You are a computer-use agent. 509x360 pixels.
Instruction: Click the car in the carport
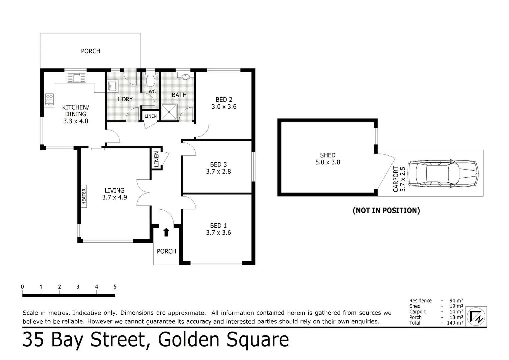point(443,173)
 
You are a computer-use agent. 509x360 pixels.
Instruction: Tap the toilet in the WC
point(151,80)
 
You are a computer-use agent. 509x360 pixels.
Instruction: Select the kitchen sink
point(76,78)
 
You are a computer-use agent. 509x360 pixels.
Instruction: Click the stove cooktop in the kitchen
point(50,99)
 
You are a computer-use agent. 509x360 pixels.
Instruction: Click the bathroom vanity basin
point(186,77)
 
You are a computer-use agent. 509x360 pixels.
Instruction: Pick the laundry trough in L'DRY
point(112,86)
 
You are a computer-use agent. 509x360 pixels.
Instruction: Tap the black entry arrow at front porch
point(166,232)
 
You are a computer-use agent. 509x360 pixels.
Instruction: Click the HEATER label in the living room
point(84,196)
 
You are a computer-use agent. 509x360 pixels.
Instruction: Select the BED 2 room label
point(224,100)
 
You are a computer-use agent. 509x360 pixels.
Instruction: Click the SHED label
point(327,155)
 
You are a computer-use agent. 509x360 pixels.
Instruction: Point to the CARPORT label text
point(396,179)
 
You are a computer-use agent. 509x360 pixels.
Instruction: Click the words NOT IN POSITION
point(386,210)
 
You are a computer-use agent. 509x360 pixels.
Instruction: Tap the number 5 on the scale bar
point(115,287)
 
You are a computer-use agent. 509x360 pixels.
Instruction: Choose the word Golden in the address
point(189,340)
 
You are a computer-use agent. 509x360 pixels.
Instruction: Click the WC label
point(152,91)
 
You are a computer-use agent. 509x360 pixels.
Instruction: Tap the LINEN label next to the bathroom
point(151,116)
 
